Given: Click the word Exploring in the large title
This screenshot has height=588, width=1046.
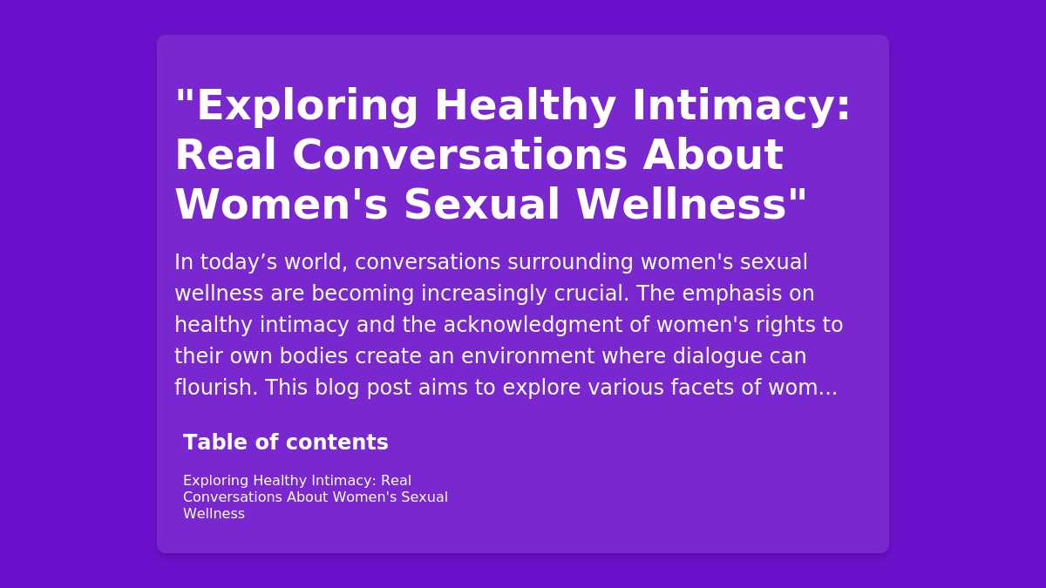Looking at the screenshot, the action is (x=307, y=106).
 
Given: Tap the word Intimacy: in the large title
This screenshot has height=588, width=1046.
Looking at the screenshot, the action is (x=741, y=105).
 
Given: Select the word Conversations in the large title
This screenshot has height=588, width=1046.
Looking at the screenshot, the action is (x=459, y=155).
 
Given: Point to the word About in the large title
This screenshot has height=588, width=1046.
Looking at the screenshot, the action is (x=713, y=155).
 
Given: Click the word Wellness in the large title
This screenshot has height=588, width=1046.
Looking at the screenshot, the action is (x=683, y=205).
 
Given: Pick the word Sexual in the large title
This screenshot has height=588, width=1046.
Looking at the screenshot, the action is (x=481, y=205).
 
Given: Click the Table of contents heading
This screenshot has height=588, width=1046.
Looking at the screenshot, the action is (x=286, y=442).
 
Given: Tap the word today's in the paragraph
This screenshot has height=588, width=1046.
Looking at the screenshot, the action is (x=239, y=263).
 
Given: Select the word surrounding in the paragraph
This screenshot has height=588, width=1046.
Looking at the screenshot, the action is (x=570, y=263).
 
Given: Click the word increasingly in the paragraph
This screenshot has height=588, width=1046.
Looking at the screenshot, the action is (x=484, y=294).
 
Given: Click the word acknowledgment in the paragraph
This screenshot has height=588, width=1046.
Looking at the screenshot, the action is (x=533, y=326).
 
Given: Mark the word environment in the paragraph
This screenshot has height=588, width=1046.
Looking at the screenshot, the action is (x=527, y=356).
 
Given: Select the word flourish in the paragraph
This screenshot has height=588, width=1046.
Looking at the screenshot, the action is (x=216, y=388).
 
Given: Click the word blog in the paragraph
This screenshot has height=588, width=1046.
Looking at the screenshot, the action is (x=336, y=389).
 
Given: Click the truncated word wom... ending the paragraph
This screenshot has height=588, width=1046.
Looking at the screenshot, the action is (x=803, y=389).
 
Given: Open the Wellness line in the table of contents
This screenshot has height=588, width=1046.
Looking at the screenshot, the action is (x=214, y=514).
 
